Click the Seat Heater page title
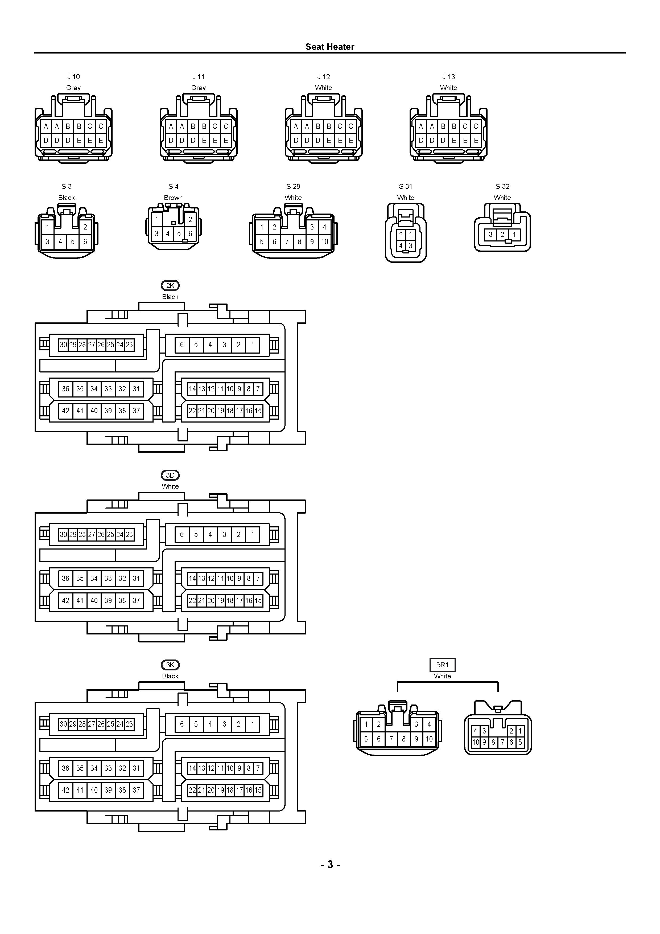pyautogui.click(x=330, y=47)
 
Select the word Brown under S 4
pyautogui.click(x=173, y=198)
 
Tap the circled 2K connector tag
pyautogui.click(x=170, y=286)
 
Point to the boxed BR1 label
pyautogui.click(x=443, y=665)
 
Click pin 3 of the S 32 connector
pyautogui.click(x=490, y=235)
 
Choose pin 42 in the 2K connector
pyautogui.click(x=65, y=411)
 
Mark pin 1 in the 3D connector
pyautogui.click(x=253, y=535)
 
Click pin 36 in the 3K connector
pyautogui.click(x=65, y=768)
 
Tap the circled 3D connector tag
pyautogui.click(x=170, y=475)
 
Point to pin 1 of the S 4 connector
pyautogui.click(x=156, y=220)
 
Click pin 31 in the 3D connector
pyautogui.click(x=136, y=579)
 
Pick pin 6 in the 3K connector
pyautogui.click(x=182, y=724)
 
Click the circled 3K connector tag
pyautogui.click(x=170, y=665)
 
